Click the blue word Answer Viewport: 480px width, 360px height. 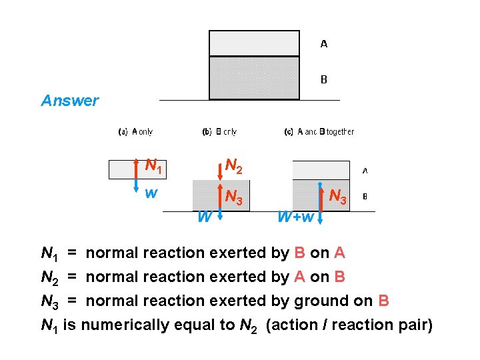69,101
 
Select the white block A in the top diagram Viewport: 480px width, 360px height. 254,43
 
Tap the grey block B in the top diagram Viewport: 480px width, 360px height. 254,77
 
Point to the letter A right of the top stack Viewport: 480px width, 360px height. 324,44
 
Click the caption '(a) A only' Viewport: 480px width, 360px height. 135,132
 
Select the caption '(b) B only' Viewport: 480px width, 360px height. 219,132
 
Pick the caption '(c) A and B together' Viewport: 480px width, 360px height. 319,132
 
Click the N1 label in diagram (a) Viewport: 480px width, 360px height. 154,167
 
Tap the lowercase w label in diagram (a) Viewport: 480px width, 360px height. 151,193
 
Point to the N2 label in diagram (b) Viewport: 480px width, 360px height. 233,165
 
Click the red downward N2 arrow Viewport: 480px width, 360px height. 220,169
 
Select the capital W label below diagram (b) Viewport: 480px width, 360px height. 204,217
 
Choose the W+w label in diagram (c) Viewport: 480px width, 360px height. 295,217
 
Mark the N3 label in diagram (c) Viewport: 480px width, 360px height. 339,197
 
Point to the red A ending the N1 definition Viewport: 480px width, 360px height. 339,253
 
